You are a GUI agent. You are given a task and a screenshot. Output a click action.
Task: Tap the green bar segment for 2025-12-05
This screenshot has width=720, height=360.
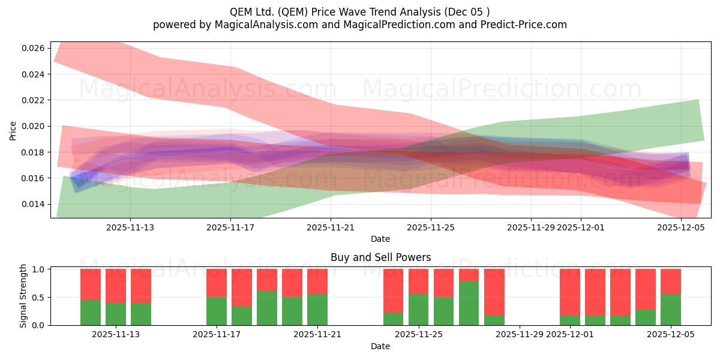pyautogui.click(x=671, y=310)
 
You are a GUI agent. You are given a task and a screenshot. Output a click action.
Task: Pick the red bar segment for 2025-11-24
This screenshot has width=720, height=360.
pyautogui.click(x=394, y=291)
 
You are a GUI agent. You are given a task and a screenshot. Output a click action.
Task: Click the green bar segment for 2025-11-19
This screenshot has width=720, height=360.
pyautogui.click(x=267, y=308)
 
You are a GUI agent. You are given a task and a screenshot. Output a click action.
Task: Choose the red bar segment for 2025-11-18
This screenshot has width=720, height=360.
pyautogui.click(x=242, y=288)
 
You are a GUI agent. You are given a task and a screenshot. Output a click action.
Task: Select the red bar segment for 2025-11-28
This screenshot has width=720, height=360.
pyautogui.click(x=494, y=292)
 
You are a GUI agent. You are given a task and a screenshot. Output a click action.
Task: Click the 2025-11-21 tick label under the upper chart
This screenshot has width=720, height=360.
pyautogui.click(x=331, y=227)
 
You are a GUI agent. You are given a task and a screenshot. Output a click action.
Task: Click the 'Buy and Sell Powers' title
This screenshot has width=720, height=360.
pyautogui.click(x=380, y=257)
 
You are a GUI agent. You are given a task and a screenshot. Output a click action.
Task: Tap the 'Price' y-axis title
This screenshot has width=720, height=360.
pyautogui.click(x=13, y=130)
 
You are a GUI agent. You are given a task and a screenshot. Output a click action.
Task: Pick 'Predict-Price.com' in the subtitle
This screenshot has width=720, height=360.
pyautogui.click(x=527, y=25)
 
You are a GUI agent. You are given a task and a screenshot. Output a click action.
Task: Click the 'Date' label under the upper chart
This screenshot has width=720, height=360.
pyautogui.click(x=380, y=239)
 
